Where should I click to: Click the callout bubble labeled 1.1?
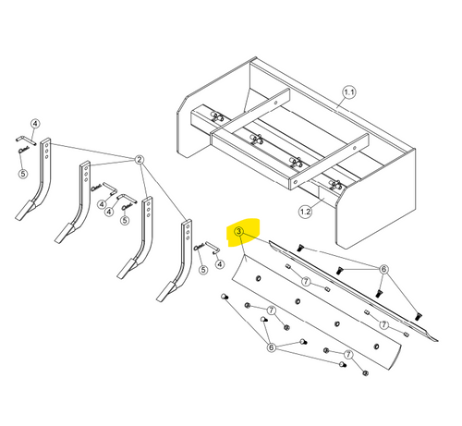(349, 92)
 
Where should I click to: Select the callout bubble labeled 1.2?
(305, 212)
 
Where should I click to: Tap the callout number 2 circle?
(140, 160)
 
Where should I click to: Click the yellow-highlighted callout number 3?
(239, 231)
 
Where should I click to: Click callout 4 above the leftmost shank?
(35, 124)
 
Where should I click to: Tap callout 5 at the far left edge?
(23, 174)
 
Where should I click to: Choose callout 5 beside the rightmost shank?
(203, 270)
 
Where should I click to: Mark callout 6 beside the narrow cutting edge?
(383, 269)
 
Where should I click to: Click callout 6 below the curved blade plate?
(271, 347)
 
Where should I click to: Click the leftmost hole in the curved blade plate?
(259, 279)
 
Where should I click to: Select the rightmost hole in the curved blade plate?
(376, 347)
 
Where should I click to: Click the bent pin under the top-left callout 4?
(26, 140)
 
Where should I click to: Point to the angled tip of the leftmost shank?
(25, 211)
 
